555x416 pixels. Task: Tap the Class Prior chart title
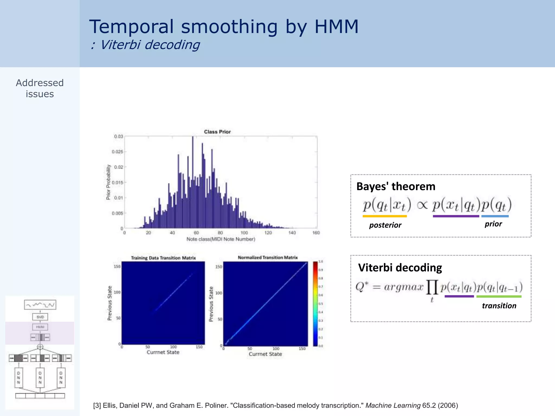[x=217, y=132]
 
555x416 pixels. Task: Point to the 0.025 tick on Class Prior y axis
[x=118, y=152]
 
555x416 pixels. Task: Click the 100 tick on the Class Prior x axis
[x=244, y=233]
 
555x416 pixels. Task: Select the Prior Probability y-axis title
[x=108, y=182]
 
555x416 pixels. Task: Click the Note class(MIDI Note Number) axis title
[x=221, y=239]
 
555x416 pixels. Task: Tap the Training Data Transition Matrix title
[x=163, y=258]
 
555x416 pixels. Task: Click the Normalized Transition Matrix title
[x=267, y=258]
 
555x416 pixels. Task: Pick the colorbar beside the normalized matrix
[x=315, y=303]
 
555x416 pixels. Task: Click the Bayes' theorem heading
[x=396, y=187]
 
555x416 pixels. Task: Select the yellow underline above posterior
[x=385, y=216]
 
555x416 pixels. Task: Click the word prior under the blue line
[x=493, y=224]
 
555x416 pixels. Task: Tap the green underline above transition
[x=499, y=297]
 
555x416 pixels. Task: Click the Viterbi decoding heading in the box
[x=400, y=268]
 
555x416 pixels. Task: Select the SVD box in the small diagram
[x=40, y=317]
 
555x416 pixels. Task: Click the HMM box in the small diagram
[x=40, y=327]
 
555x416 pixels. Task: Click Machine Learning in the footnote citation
[x=393, y=405]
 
